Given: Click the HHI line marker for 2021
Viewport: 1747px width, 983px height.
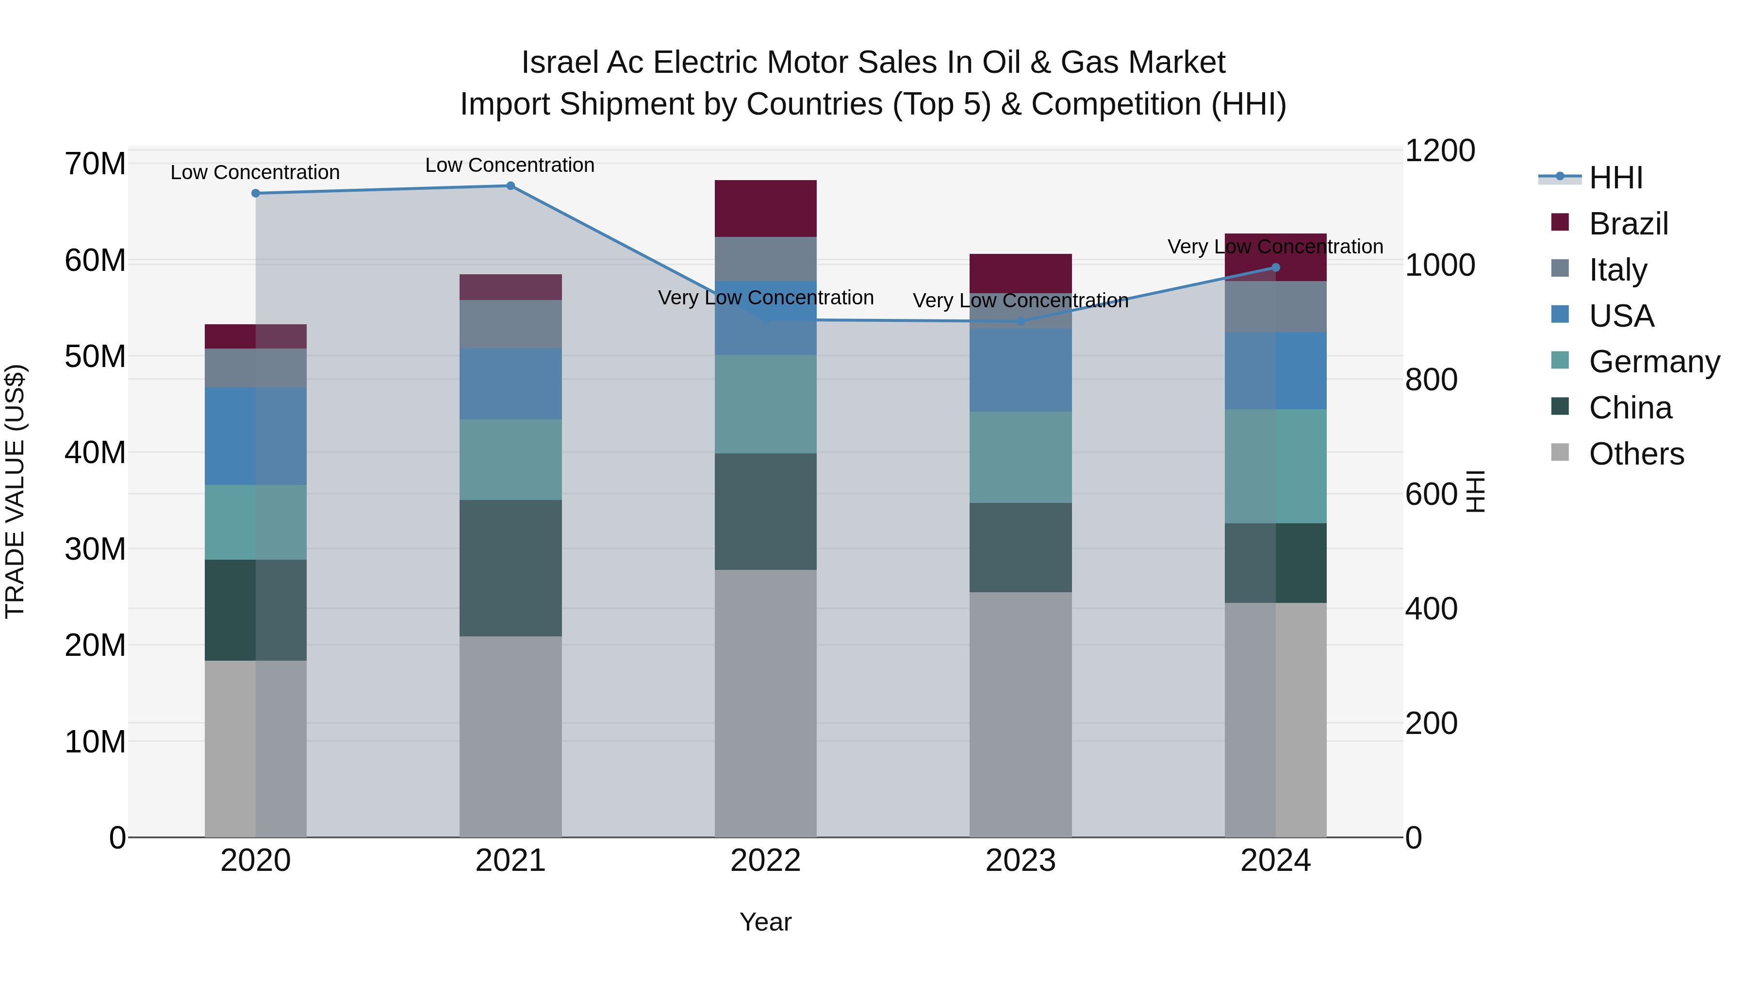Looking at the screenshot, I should tap(511, 186).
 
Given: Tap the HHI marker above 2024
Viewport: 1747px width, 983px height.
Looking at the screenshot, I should tap(1276, 267).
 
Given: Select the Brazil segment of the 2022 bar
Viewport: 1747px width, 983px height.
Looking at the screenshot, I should tap(766, 208).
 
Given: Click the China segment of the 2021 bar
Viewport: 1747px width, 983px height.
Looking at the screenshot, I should tap(511, 568).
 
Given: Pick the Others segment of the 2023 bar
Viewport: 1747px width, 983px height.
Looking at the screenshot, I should tap(1021, 715).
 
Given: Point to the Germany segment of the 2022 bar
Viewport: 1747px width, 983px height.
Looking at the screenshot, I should tap(766, 404).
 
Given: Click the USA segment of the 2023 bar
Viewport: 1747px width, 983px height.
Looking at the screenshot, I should tap(1021, 370).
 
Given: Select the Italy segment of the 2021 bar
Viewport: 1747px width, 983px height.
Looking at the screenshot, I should tap(511, 324).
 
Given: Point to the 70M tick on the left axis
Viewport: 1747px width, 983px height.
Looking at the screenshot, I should tap(95, 164).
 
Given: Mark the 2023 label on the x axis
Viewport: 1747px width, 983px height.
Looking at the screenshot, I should tap(1021, 861).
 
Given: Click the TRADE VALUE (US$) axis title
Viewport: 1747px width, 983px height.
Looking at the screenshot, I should tap(15, 491).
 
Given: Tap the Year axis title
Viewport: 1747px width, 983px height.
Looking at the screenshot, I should tap(766, 922).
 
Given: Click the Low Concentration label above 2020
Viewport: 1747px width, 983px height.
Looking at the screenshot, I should tap(255, 172).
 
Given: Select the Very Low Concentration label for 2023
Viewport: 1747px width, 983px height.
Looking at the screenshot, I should tap(1021, 300).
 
